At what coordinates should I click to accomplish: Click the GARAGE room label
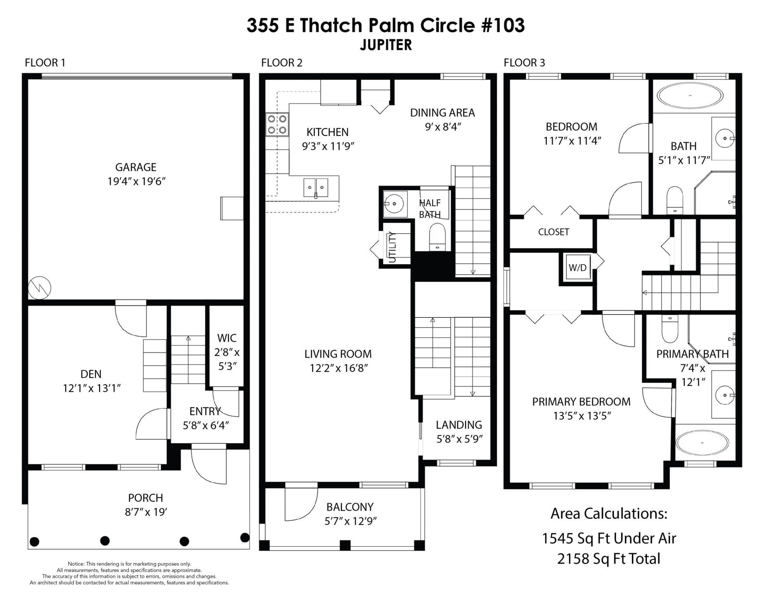pos(136,167)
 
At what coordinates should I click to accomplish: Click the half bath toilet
pos(437,237)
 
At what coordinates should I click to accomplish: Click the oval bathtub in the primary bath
pos(702,443)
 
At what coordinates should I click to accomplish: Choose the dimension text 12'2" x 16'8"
pos(339,368)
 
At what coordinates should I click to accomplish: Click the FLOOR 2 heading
pos(281,63)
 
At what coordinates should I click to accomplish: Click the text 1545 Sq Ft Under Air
pos(609,538)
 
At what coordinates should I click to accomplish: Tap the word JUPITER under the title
pos(386,45)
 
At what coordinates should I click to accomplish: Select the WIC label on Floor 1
pos(227,338)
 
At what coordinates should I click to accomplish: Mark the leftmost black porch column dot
pos(35,541)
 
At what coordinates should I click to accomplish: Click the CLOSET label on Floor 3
pos(553,232)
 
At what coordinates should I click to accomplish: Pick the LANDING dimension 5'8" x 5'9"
pos(459,439)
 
